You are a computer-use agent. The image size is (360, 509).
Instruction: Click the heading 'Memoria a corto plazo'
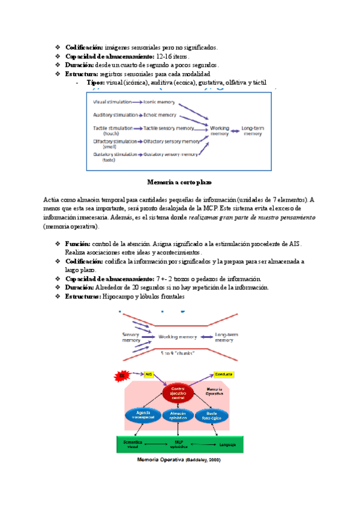(180, 181)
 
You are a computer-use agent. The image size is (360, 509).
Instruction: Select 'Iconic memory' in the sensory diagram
(161, 102)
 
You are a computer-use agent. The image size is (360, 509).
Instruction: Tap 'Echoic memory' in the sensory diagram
(161, 115)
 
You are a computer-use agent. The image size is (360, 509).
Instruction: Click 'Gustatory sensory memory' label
(171, 154)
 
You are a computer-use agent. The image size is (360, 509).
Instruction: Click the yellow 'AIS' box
(149, 375)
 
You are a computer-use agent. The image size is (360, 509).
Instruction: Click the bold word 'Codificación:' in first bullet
(83, 47)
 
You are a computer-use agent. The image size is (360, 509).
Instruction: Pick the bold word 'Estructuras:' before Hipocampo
(83, 296)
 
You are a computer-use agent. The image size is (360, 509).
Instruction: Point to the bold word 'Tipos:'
(95, 82)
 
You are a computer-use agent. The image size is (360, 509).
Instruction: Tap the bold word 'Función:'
(78, 244)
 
